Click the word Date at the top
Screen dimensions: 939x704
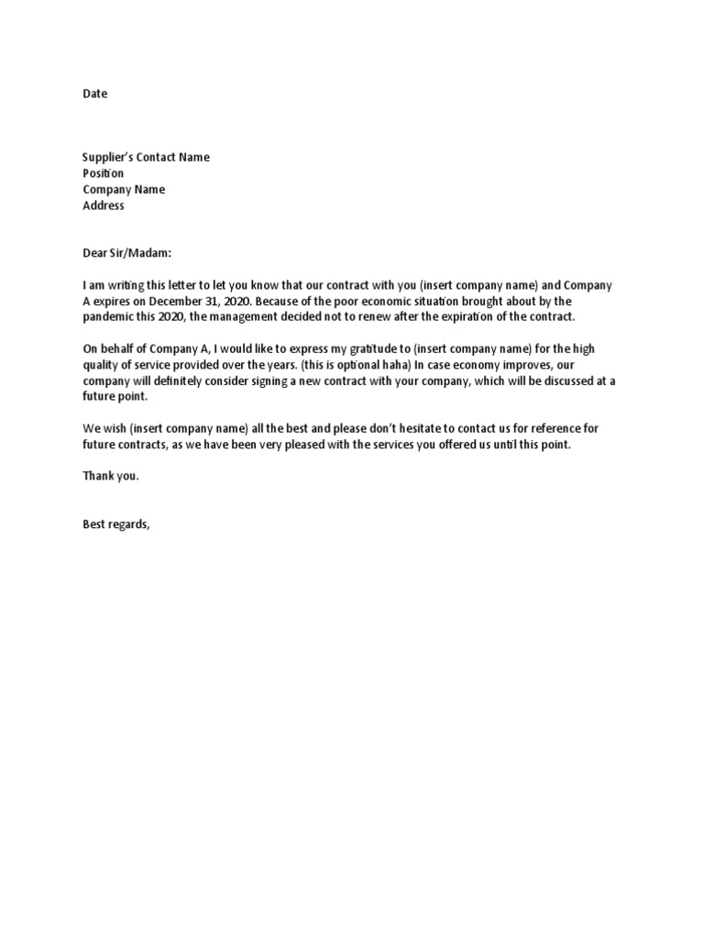(x=95, y=94)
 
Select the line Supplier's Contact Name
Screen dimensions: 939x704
(x=146, y=157)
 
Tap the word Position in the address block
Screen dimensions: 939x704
(x=104, y=173)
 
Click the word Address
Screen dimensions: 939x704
(x=104, y=206)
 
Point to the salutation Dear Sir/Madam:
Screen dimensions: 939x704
(x=127, y=252)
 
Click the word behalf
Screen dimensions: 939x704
(x=121, y=349)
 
